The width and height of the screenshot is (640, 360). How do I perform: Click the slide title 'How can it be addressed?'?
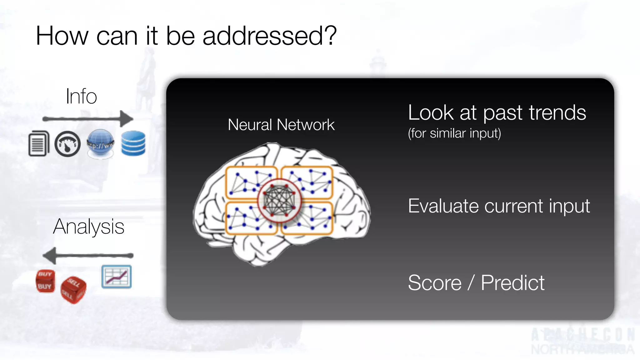(x=186, y=36)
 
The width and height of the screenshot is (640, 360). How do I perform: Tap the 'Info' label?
(x=81, y=96)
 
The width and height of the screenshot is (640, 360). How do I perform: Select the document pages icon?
(x=39, y=143)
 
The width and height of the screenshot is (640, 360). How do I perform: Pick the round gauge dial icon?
(x=67, y=144)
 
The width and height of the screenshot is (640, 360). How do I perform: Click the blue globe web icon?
(x=100, y=143)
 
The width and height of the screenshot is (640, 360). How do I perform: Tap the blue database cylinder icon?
(x=133, y=143)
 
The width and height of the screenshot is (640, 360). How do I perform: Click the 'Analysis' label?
(x=89, y=227)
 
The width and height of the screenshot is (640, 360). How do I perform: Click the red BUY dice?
(x=45, y=281)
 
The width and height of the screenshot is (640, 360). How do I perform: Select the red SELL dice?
(x=73, y=290)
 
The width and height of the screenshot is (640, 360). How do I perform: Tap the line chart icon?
(x=117, y=277)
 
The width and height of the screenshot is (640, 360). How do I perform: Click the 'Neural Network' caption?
(x=281, y=125)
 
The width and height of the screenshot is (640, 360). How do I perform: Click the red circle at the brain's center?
(x=279, y=201)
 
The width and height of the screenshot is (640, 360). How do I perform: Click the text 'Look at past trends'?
(x=497, y=112)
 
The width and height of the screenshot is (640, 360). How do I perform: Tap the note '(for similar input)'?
(x=454, y=133)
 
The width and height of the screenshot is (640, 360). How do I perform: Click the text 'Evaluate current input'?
(x=499, y=206)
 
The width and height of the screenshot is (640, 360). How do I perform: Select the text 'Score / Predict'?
(x=476, y=283)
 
